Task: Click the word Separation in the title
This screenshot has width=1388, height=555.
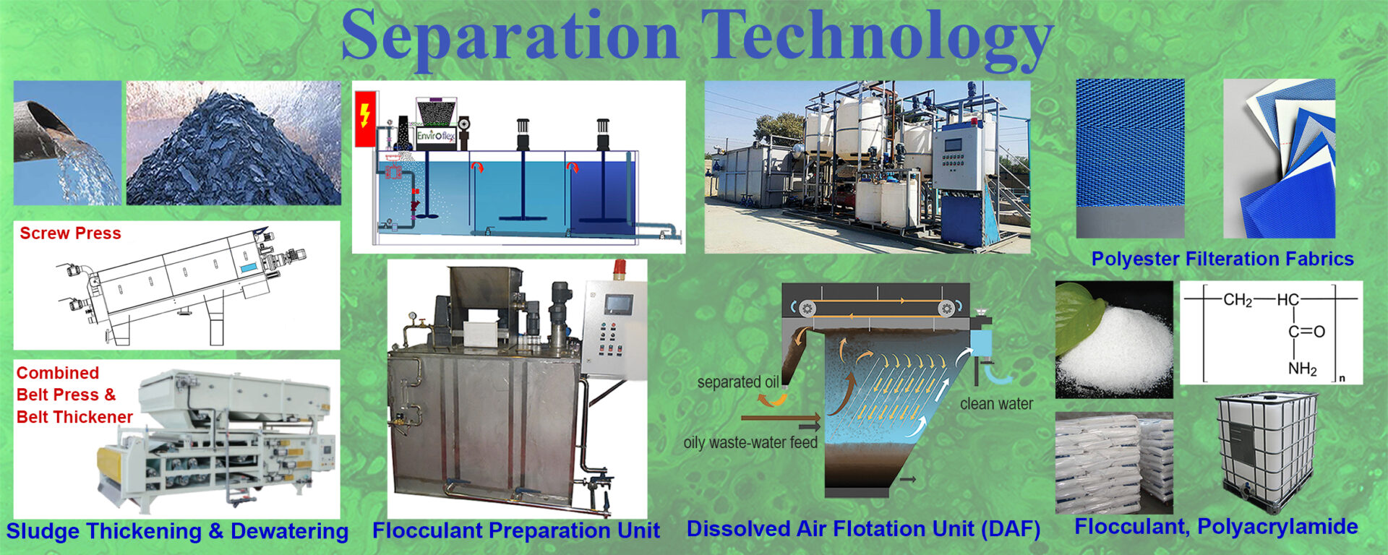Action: click(510, 36)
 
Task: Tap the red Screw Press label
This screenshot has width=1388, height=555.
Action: click(70, 233)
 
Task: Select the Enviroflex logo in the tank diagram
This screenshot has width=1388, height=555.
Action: click(435, 135)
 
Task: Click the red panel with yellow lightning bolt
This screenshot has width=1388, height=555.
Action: click(366, 119)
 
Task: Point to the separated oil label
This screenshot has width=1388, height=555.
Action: click(738, 382)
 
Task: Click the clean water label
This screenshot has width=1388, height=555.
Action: click(996, 404)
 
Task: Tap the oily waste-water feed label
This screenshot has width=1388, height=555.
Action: click(750, 442)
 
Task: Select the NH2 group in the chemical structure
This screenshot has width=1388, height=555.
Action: click(1302, 369)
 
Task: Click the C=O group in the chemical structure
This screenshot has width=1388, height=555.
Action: click(1306, 332)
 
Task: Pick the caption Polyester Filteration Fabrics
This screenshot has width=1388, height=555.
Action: click(1222, 259)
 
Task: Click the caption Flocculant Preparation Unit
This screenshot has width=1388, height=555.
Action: click(516, 530)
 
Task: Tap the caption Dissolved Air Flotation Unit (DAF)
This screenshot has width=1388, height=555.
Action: click(863, 529)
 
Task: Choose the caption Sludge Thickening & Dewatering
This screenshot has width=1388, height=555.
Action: click(177, 531)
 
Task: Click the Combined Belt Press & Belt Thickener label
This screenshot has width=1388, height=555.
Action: click(74, 395)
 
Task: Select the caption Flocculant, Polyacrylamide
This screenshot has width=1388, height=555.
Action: click(1216, 527)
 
